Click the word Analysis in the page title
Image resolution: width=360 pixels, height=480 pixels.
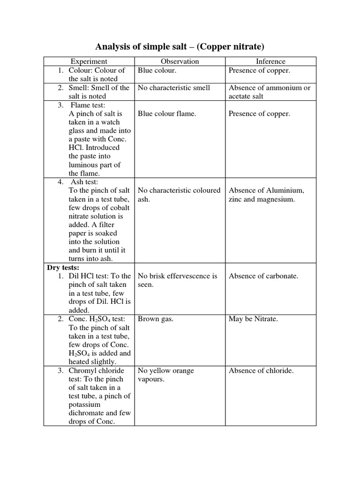(x=113, y=46)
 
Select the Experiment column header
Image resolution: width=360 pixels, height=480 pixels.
(x=89, y=61)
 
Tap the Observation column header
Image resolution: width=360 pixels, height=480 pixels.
(x=180, y=61)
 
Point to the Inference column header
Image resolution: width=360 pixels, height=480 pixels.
(x=270, y=61)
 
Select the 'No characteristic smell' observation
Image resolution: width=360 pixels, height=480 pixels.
(x=174, y=88)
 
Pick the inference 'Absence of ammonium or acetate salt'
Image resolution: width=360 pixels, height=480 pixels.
(x=269, y=92)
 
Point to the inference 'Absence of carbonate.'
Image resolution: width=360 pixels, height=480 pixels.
(x=263, y=276)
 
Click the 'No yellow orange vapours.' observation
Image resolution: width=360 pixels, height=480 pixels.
(x=166, y=375)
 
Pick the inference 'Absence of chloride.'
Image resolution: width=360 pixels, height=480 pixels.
(x=261, y=371)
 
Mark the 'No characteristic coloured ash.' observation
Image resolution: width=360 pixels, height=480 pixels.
(x=179, y=195)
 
